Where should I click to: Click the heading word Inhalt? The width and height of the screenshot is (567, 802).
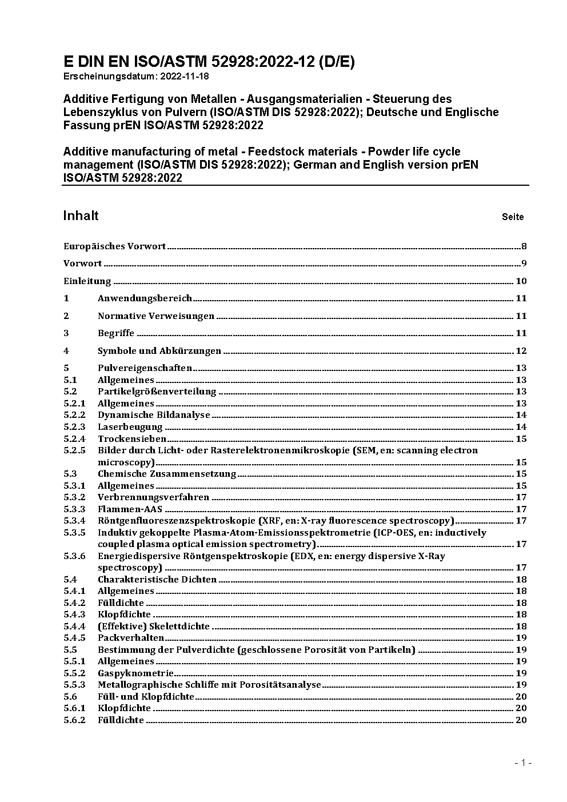[81, 216]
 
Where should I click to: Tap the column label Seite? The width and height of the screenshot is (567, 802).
[512, 217]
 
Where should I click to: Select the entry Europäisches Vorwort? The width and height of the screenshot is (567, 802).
[114, 246]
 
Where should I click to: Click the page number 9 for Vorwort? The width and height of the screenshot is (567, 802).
[524, 264]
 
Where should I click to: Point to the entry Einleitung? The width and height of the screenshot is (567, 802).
[87, 281]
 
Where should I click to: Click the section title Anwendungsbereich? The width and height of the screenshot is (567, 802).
[145, 298]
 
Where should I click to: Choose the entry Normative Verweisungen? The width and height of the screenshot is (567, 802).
[156, 316]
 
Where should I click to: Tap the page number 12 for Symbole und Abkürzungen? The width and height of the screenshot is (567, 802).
[521, 351]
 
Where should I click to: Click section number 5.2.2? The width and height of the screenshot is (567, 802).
[74, 415]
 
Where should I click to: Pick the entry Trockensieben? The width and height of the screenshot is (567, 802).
[132, 439]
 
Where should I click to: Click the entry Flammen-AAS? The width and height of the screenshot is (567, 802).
[130, 509]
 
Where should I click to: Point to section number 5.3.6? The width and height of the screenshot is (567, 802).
[74, 556]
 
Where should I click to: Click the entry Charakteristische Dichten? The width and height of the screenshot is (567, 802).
[157, 580]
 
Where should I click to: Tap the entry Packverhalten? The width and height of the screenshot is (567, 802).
[131, 638]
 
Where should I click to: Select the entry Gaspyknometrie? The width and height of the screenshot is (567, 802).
[135, 673]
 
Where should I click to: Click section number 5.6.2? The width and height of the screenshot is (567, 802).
[74, 720]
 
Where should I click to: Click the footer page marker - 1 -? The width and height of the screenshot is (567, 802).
[523, 763]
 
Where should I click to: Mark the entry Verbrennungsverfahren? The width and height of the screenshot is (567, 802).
[153, 497]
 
